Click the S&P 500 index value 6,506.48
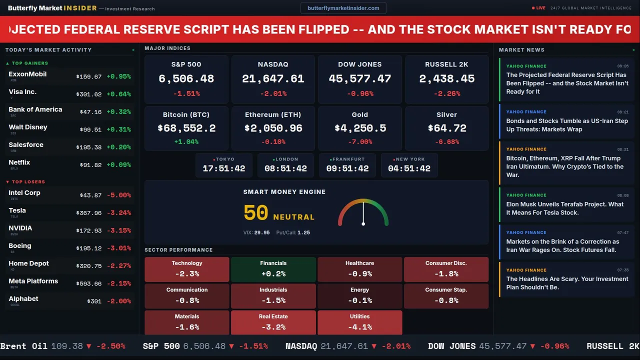point(186,79)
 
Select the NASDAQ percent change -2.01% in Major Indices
point(273,93)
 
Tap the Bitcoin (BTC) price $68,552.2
point(186,128)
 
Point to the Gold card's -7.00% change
point(360,142)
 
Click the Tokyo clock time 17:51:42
point(224,168)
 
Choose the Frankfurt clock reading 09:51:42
point(347,168)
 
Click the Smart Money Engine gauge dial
point(363,213)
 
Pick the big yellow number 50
point(256,213)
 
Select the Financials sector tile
point(273,269)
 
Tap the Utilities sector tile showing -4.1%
point(360,322)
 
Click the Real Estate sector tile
point(273,322)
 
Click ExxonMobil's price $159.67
point(89,77)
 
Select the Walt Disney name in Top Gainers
point(28,127)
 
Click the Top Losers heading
point(28,182)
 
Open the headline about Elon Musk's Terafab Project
point(565,208)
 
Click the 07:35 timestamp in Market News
point(622,270)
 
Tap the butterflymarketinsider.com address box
point(343,8)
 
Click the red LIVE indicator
point(539,8)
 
